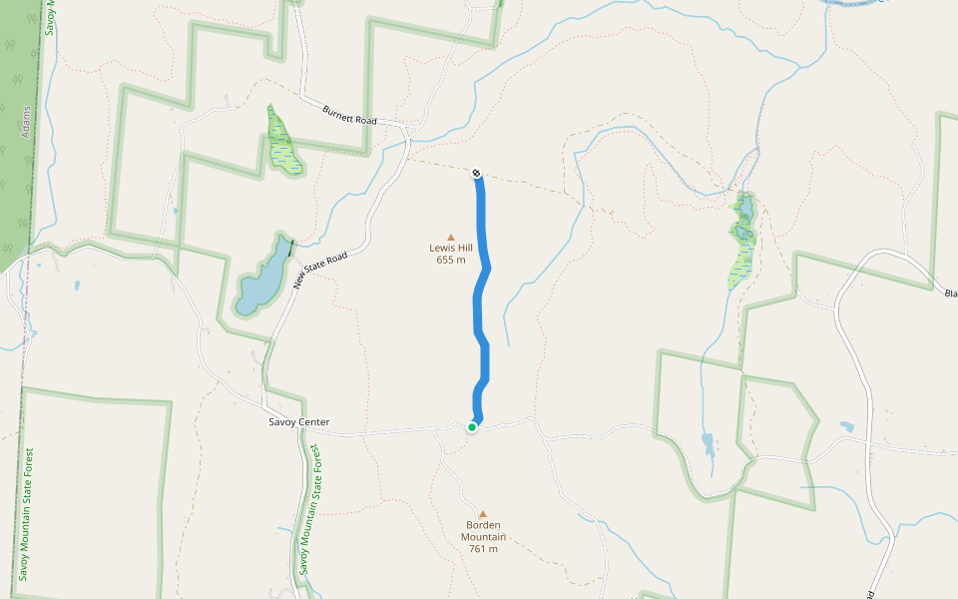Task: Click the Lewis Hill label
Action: (x=451, y=248)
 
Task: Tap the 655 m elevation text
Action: (x=451, y=261)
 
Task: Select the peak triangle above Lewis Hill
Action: (x=451, y=237)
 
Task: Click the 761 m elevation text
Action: (x=483, y=549)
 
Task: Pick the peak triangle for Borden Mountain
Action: (x=483, y=514)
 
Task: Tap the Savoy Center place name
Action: (x=298, y=422)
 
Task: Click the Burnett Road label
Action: (x=349, y=115)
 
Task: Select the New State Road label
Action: (x=320, y=271)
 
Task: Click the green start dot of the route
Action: (x=472, y=427)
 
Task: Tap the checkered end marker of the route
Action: (x=477, y=173)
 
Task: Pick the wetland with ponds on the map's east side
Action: (x=742, y=240)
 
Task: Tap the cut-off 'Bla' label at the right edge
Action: (x=950, y=293)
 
